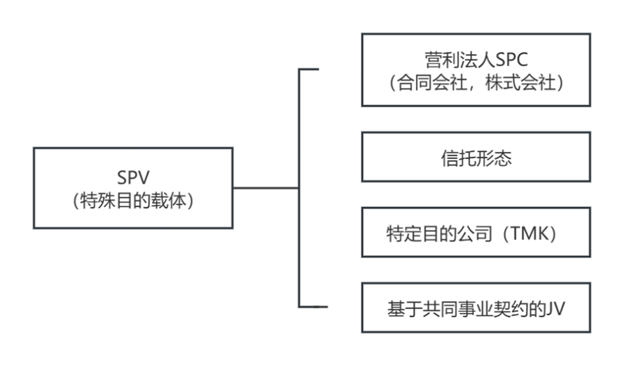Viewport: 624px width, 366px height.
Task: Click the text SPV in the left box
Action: click(x=133, y=177)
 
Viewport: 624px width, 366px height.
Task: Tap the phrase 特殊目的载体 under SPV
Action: click(x=133, y=201)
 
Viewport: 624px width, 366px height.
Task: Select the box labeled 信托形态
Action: click(x=476, y=157)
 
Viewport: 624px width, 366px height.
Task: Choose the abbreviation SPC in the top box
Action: click(x=511, y=60)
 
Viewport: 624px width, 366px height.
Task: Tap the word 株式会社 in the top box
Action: click(x=520, y=83)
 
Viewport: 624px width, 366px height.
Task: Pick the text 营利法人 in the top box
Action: click(x=459, y=60)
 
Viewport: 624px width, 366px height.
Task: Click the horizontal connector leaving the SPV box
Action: click(x=266, y=188)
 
